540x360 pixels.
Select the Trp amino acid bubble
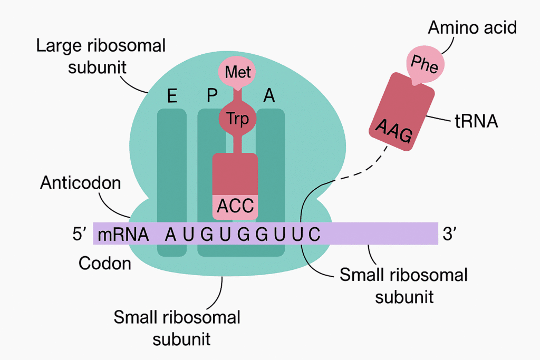pos(237,118)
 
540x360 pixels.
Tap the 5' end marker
pos(79,233)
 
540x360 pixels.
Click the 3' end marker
pos(449,233)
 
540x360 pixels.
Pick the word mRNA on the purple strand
pos(123,234)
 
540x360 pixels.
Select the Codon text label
pos(105,262)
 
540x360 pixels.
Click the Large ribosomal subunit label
pos(100,55)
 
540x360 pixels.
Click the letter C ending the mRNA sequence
pos(314,234)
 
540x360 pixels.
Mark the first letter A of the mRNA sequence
pos(170,234)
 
